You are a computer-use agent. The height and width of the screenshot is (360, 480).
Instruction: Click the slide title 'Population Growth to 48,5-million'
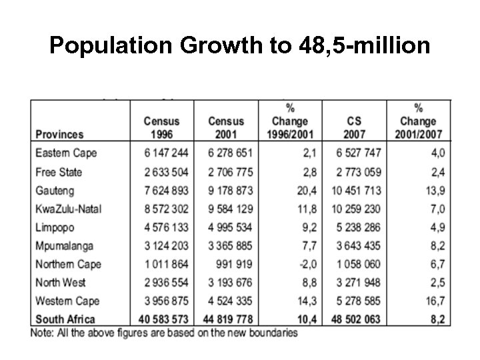(x=240, y=46)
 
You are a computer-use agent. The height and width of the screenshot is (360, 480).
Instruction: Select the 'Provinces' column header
(x=59, y=134)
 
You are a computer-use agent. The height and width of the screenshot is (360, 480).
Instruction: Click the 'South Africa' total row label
(x=65, y=319)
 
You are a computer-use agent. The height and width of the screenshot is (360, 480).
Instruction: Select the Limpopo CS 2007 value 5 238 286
(x=356, y=227)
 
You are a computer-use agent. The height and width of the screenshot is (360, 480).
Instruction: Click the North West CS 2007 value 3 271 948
(x=356, y=282)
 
